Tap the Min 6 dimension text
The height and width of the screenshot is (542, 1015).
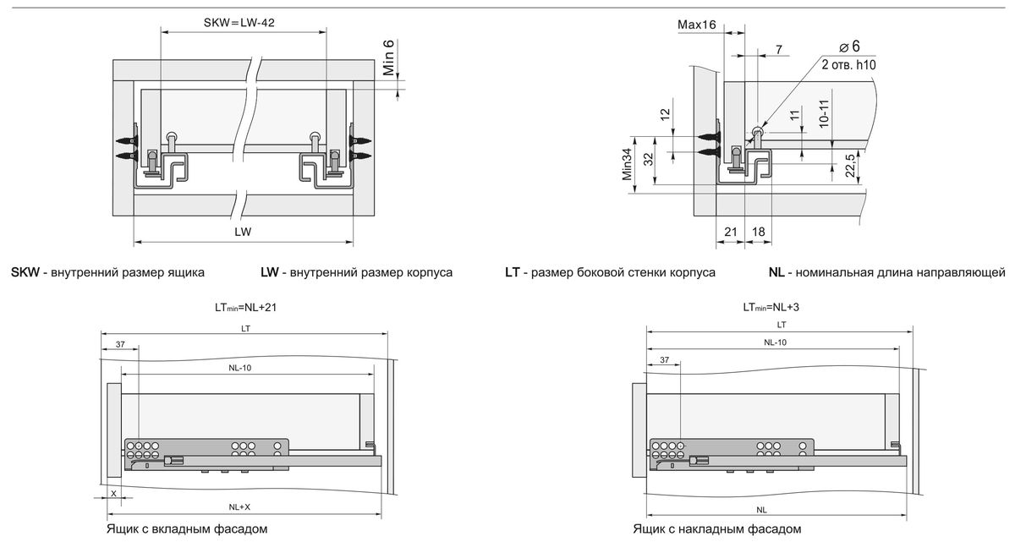pyautogui.click(x=389, y=57)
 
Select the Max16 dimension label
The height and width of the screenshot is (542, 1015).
pyautogui.click(x=697, y=25)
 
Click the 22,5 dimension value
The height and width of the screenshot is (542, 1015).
pyautogui.click(x=853, y=166)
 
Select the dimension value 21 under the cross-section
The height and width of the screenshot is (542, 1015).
pyautogui.click(x=731, y=231)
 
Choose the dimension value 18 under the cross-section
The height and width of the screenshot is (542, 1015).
pyautogui.click(x=759, y=231)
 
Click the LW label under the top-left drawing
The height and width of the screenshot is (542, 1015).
pyautogui.click(x=244, y=230)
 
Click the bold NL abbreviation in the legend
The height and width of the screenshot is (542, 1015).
pyautogui.click(x=776, y=273)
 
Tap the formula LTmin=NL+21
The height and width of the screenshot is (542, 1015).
pyautogui.click(x=246, y=308)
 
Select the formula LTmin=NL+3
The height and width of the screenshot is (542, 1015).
pyautogui.click(x=771, y=308)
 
